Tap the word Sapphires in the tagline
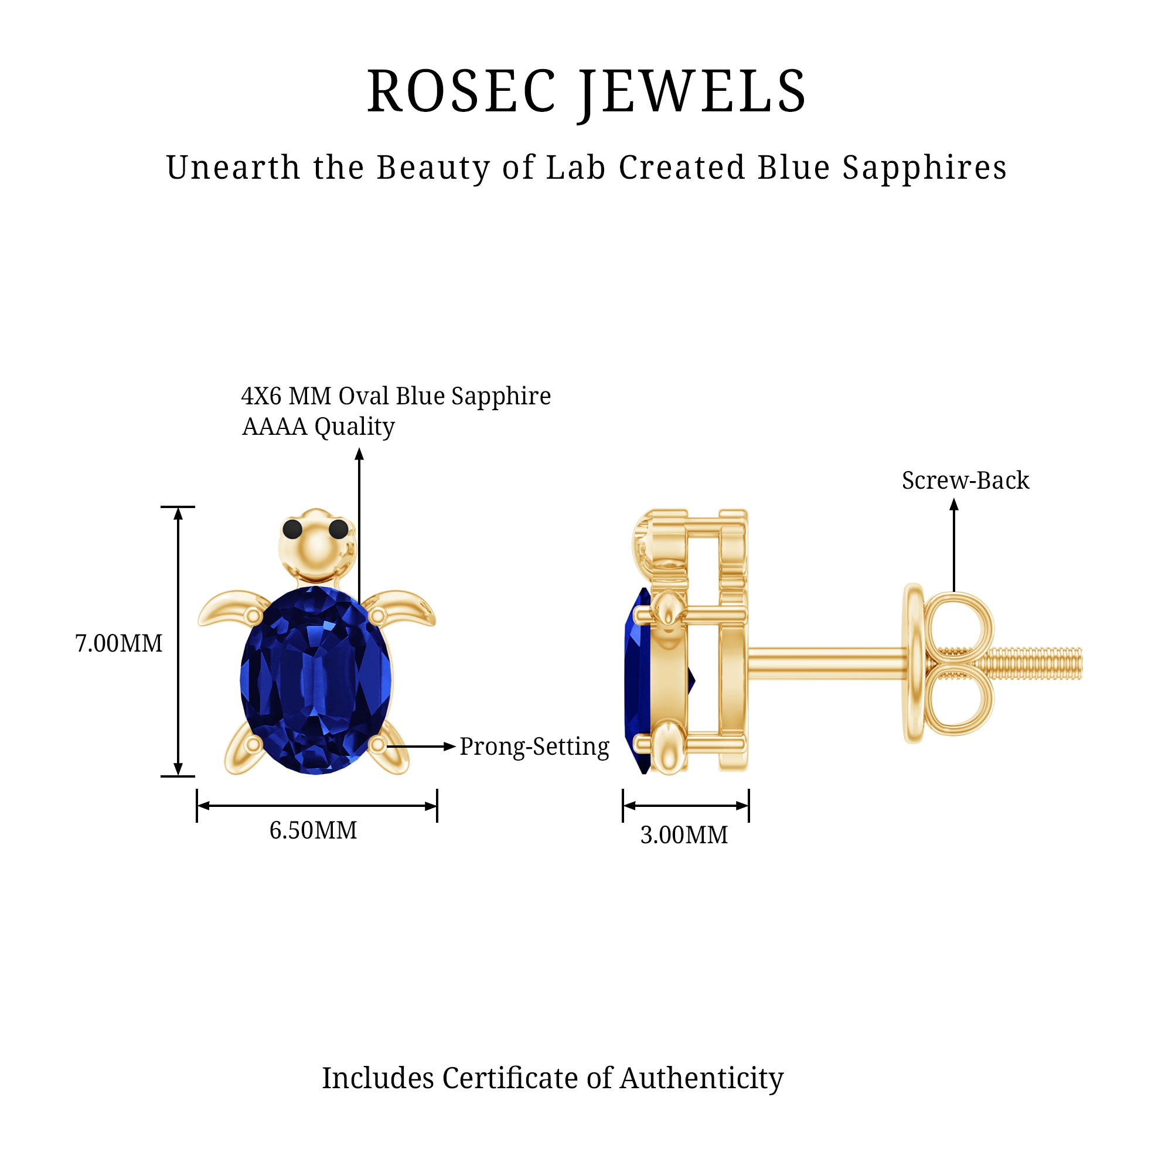tap(925, 168)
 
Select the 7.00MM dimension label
tap(119, 643)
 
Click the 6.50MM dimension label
tap(313, 830)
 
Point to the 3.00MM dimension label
tap(684, 835)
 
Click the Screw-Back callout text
tap(965, 481)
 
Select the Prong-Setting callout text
tap(534, 747)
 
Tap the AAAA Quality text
tap(318, 427)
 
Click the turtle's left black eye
tap(292, 529)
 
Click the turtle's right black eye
tap(339, 529)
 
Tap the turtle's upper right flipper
tap(403, 607)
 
